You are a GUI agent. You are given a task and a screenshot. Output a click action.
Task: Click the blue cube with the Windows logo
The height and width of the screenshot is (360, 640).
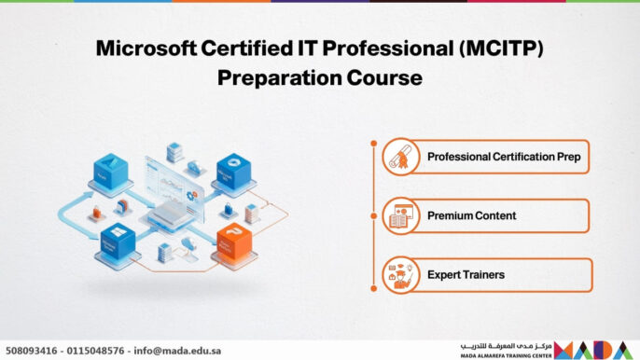(x=232, y=172)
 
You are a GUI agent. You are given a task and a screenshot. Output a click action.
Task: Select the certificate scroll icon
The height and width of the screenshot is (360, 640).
(x=401, y=157)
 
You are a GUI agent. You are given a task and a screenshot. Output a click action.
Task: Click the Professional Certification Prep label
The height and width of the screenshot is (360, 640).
(x=504, y=157)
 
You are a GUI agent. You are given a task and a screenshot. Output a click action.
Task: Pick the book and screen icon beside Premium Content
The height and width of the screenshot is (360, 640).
(x=401, y=216)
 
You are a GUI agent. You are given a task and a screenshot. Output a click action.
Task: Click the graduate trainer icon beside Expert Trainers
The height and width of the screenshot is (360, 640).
(x=401, y=275)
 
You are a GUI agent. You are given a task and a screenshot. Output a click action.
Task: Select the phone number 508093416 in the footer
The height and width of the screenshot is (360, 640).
(x=32, y=351)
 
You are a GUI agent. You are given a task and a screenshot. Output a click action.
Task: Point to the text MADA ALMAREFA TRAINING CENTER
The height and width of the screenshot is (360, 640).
(x=505, y=355)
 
